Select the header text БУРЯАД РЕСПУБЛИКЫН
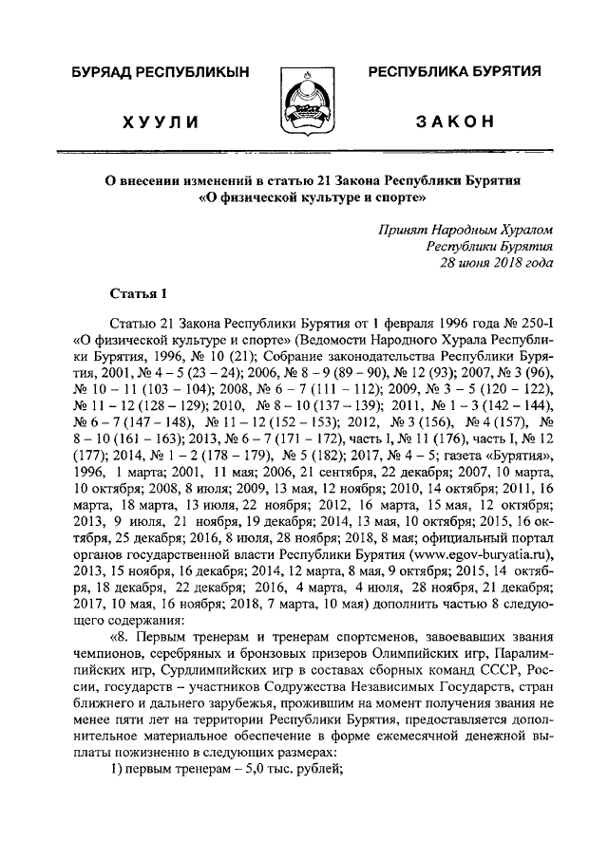coord(159,72)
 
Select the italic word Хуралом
coord(521,229)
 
